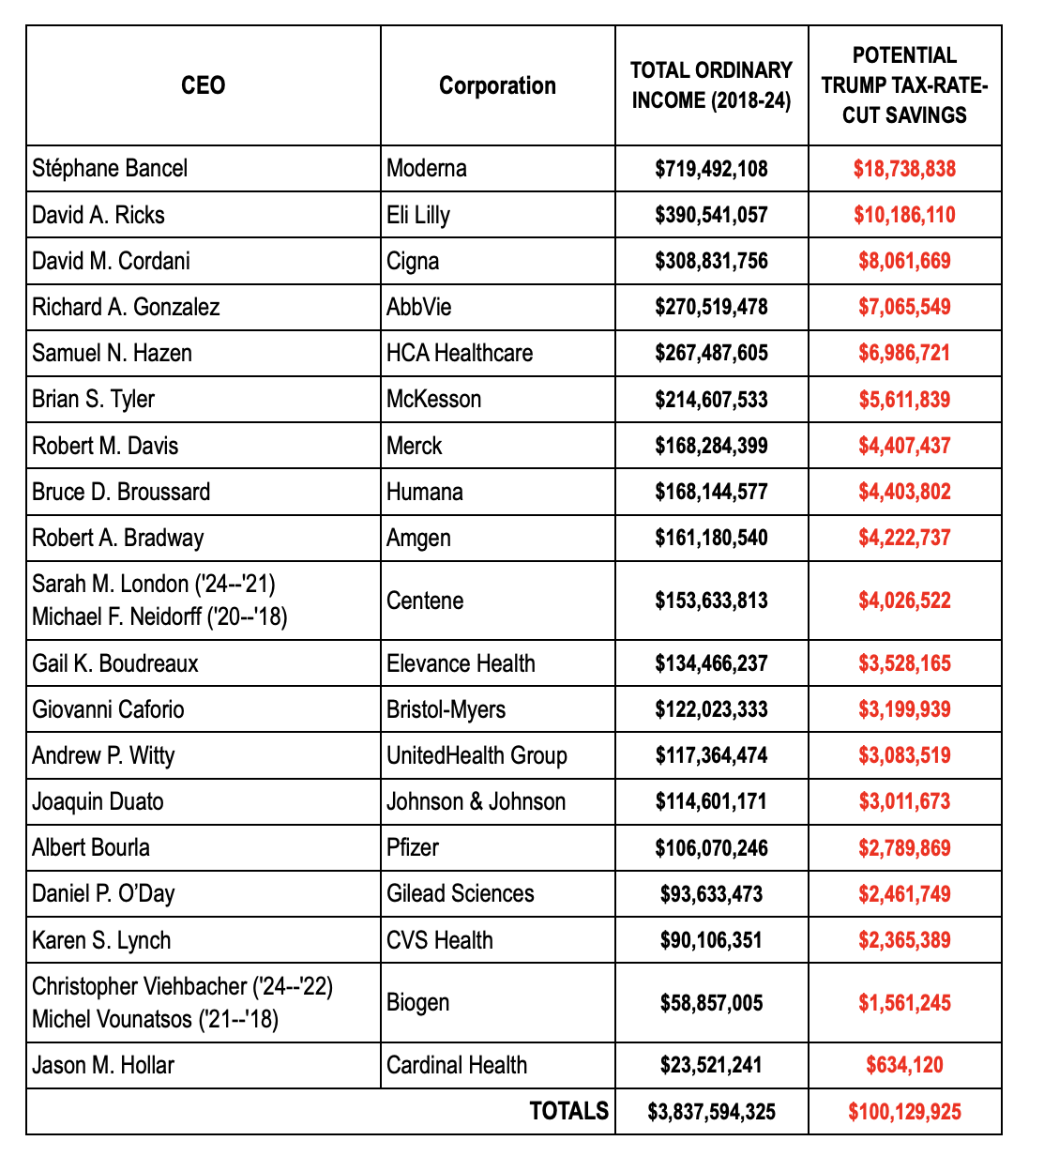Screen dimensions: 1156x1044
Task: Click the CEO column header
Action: coord(203,85)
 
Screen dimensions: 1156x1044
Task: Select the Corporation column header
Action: coord(497,85)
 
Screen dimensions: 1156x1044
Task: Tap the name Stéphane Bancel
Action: coord(110,168)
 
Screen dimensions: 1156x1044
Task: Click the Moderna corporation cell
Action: coord(427,168)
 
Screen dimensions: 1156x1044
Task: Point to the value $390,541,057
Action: coord(711,215)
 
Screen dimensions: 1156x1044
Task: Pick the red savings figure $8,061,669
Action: coord(904,261)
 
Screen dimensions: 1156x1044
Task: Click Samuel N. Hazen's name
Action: coord(112,353)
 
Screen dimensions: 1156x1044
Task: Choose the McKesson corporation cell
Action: coord(433,399)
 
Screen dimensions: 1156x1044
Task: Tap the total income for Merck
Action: coord(711,446)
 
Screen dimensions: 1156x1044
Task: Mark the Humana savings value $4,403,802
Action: coord(904,492)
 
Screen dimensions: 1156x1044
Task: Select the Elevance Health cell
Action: coord(461,663)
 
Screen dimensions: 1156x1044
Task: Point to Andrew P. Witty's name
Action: coord(103,755)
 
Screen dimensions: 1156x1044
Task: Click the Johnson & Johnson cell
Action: coord(476,801)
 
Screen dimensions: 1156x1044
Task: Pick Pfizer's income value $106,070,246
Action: coord(711,848)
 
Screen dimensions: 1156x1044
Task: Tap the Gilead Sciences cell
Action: coord(460,893)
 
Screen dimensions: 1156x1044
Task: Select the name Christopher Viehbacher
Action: coord(141,986)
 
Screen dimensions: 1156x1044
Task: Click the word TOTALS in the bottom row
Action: coord(568,1111)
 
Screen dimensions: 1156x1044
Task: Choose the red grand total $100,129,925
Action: coord(904,1112)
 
